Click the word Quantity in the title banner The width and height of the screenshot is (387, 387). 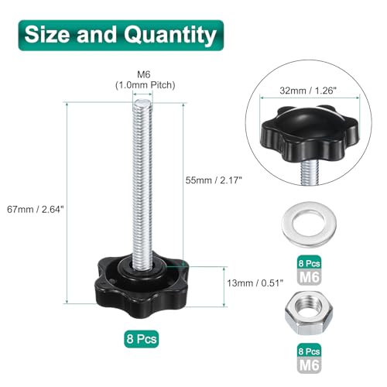170,36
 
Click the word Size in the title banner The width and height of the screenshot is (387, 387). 47,34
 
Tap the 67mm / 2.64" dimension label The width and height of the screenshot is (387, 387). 36,209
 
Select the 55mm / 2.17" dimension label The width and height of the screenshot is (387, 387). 214,180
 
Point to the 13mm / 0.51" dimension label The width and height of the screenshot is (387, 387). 255,283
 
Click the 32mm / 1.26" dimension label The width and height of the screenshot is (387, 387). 308,91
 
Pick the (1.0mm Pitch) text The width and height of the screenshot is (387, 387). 146,85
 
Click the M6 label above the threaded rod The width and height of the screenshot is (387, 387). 144,74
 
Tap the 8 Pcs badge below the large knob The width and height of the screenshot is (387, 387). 142,339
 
